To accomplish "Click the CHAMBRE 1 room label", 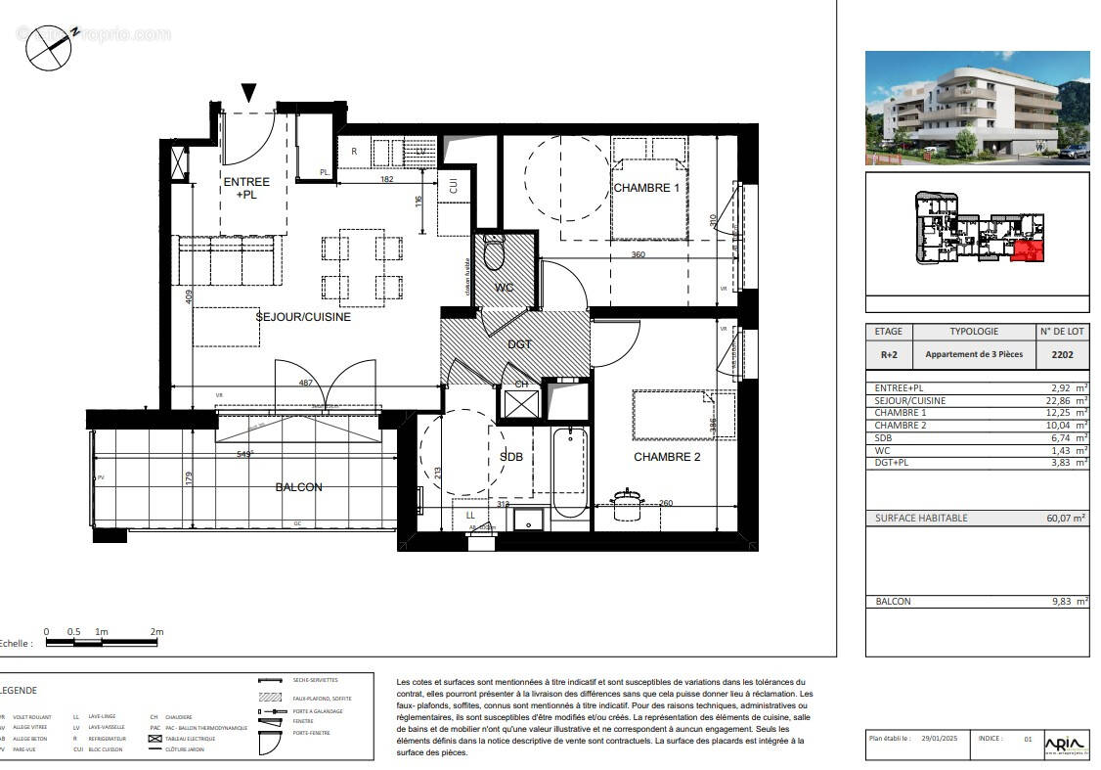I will click(646, 188).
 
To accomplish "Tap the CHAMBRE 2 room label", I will click(667, 457).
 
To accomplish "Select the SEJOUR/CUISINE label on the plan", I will click(303, 317).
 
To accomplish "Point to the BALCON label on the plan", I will click(298, 487).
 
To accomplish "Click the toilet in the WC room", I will click(494, 253).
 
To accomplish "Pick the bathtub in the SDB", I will click(569, 472).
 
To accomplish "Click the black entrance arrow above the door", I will click(249, 93).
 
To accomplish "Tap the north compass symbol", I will click(49, 46).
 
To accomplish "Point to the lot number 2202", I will click(1062, 354).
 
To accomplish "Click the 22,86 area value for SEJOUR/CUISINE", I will click(1066, 401).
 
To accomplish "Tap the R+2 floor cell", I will click(888, 354).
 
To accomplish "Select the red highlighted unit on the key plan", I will click(1026, 251).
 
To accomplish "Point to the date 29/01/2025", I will click(942, 740).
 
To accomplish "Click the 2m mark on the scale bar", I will click(157, 632).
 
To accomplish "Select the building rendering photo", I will click(977, 108).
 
